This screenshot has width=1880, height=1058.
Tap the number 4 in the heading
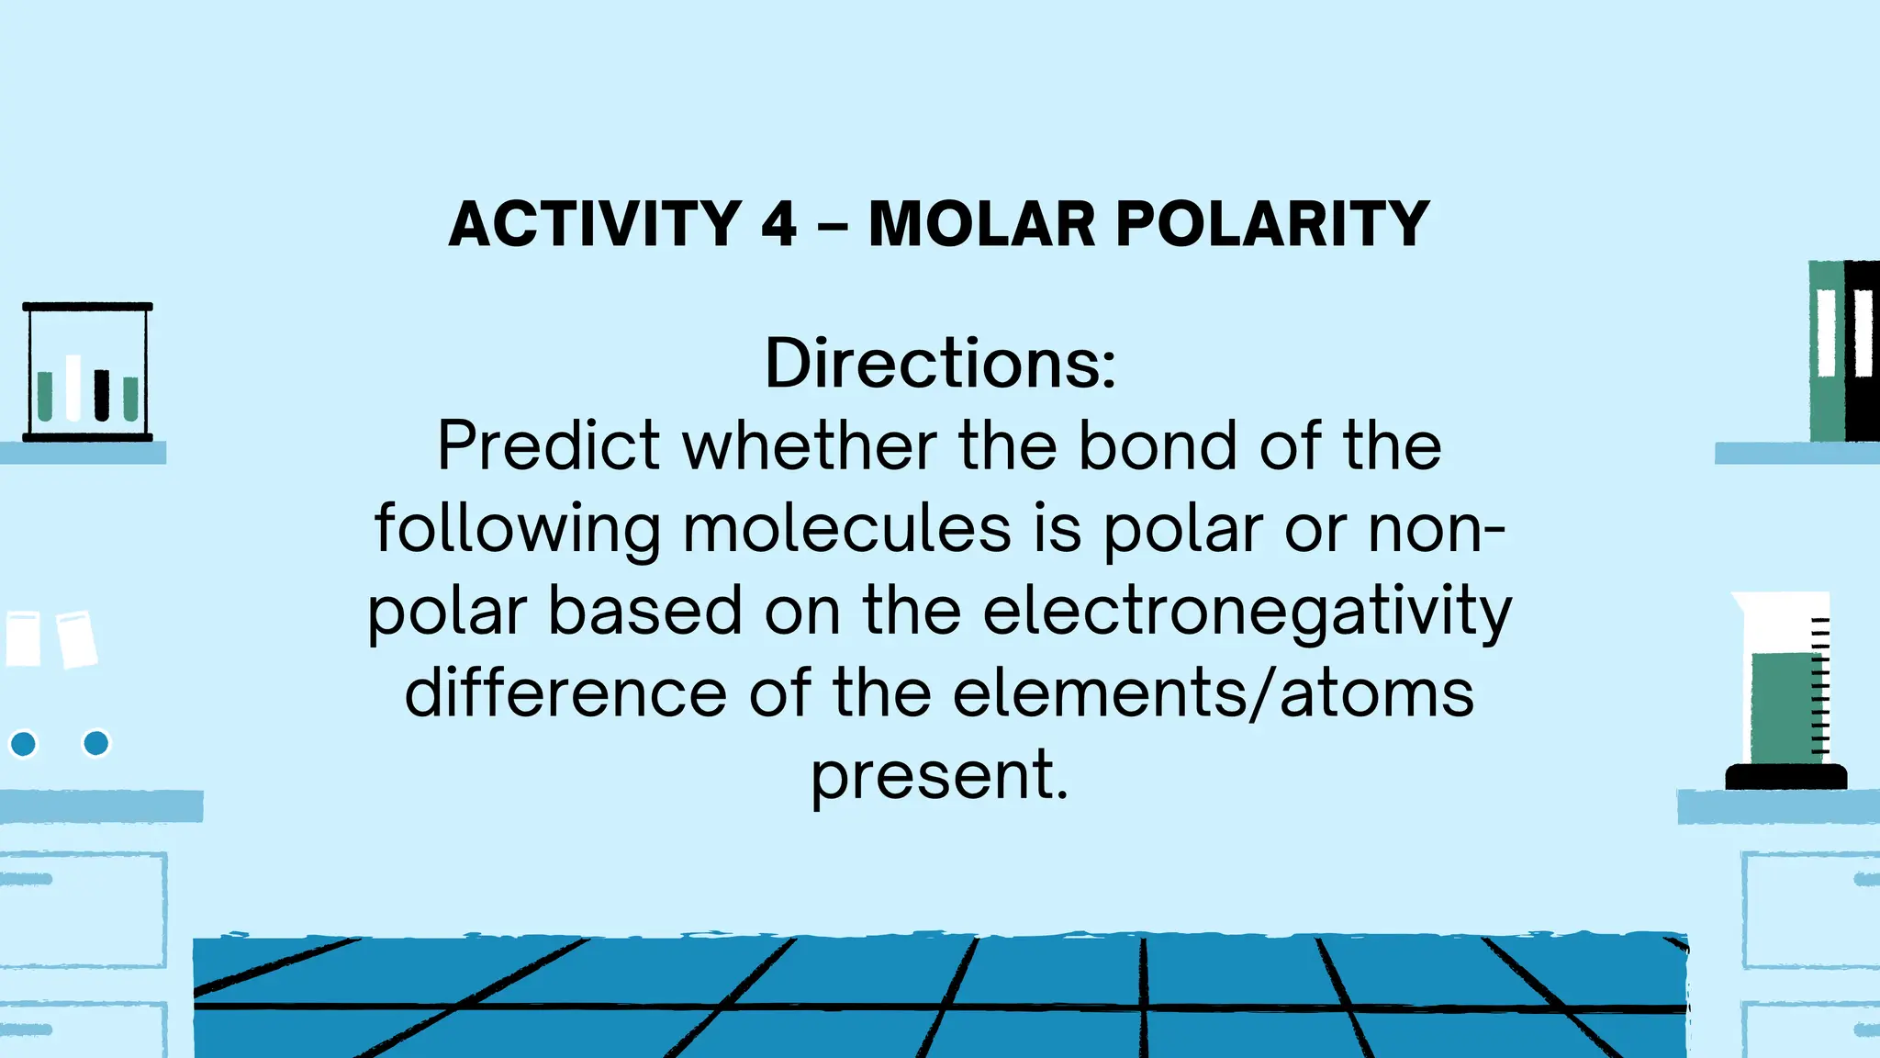(779, 224)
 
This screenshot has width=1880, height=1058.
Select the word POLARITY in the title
(1272, 224)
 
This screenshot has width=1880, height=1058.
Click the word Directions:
(940, 364)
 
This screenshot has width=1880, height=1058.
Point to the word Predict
(548, 446)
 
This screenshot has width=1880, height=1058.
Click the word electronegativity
(1247, 613)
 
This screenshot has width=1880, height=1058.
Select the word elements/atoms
(1213, 693)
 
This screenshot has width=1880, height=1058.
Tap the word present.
(940, 776)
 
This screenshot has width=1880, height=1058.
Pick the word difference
(565, 693)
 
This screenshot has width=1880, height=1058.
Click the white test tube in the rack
(73, 388)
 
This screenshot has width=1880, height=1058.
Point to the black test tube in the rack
(102, 395)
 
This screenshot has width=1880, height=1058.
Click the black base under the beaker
(1785, 777)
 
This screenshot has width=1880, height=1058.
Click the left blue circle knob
(23, 743)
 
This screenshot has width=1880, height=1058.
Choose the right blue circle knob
(95, 742)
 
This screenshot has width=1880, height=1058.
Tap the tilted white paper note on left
(77, 639)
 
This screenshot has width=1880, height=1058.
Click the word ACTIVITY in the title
(595, 224)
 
